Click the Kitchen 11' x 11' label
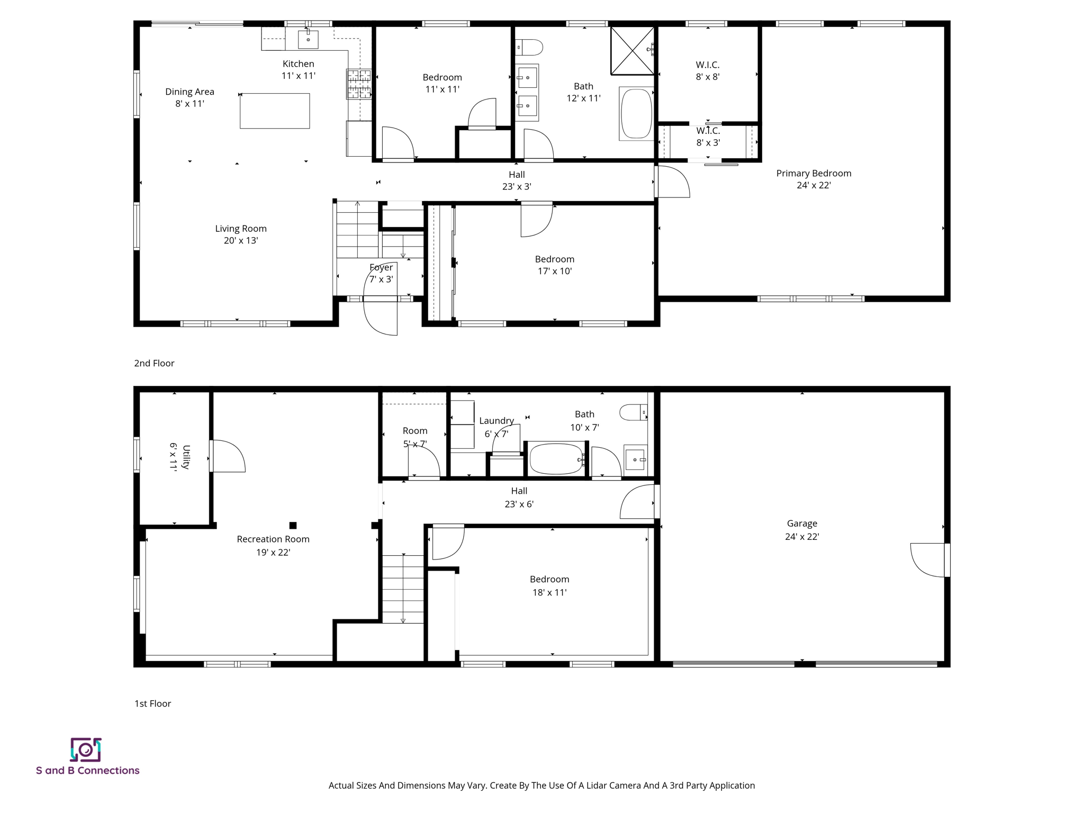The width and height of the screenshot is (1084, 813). [298, 69]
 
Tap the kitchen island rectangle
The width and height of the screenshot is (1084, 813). [275, 111]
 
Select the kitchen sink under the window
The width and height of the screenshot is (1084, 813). [308, 39]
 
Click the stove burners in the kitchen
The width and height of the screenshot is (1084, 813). [359, 84]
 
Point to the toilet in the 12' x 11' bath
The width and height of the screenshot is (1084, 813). [529, 48]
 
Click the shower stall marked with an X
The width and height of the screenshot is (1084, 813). [632, 51]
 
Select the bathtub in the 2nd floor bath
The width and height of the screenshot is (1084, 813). [636, 113]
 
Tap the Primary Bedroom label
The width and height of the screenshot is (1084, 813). [814, 179]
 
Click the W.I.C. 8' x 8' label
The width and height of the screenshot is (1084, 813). [707, 70]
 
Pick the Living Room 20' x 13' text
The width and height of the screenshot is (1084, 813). [240, 234]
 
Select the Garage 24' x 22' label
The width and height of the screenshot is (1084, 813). [802, 529]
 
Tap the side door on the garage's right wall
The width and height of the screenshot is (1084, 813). [928, 560]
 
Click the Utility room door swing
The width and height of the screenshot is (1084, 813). [229, 456]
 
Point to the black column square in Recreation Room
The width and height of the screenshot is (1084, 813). [293, 525]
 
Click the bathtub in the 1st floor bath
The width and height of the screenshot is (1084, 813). [556, 459]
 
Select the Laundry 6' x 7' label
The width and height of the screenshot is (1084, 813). [496, 427]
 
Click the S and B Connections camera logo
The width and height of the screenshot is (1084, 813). [86, 749]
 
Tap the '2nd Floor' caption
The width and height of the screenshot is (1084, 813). [154, 363]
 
